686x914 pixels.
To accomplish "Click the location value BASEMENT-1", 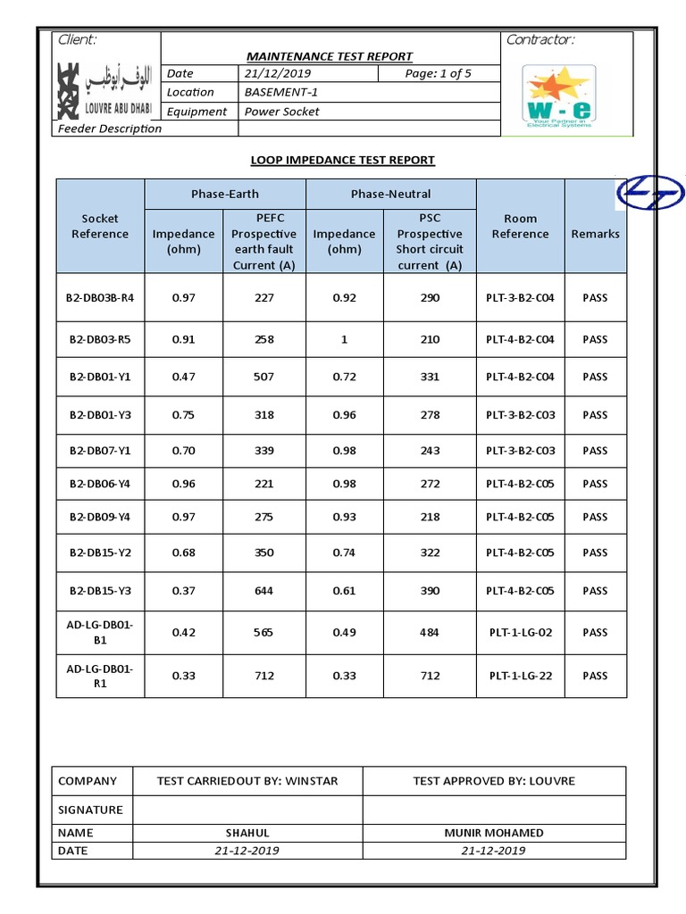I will point(281,92).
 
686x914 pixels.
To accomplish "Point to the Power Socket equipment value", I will point(281,112).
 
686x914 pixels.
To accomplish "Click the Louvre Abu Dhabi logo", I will point(104,90).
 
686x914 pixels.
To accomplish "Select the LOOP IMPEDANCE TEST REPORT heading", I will point(342,160).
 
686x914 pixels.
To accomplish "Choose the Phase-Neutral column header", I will point(390,194).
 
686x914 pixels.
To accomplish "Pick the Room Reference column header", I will point(520,226).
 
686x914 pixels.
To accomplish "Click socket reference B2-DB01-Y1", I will point(100,377).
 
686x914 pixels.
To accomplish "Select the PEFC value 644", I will point(264,591).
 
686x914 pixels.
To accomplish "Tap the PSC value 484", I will point(430,633).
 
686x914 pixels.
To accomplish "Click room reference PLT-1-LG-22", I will point(520,676).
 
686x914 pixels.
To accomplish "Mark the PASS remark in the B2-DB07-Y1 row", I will point(595,451).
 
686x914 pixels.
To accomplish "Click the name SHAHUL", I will point(247,833).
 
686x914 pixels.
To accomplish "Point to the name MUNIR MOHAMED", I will point(494,833).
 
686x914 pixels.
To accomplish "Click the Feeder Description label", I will point(110,129).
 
